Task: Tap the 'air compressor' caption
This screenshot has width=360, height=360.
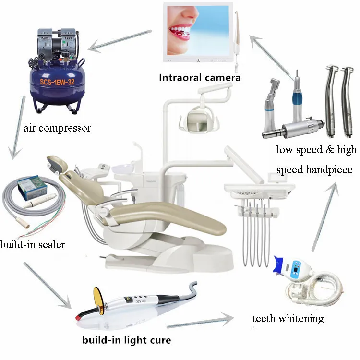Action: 57,128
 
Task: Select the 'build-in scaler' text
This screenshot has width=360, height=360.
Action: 33,245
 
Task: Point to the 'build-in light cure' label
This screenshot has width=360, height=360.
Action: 126,341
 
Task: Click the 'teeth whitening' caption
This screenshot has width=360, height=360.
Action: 288,318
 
